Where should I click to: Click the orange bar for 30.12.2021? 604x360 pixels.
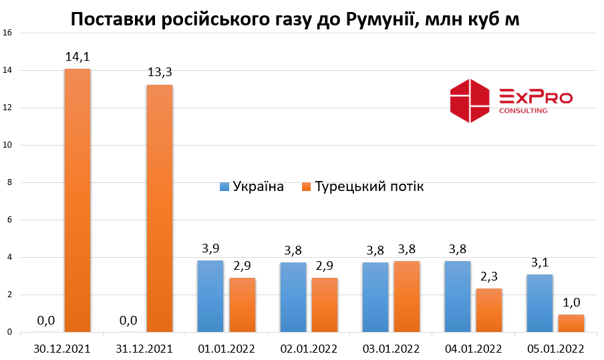coord(78,200)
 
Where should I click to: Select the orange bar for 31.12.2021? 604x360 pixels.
coord(160,208)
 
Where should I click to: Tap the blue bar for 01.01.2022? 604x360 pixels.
coord(210,296)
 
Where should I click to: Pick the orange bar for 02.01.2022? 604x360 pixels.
coord(324,305)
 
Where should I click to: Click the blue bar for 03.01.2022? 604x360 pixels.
coord(375,297)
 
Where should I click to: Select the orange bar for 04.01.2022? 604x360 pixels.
coord(489,310)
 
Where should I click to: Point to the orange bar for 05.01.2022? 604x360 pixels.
coord(571,323)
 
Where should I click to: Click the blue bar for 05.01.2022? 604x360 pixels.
coord(540,303)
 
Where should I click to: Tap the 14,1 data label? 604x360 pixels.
coord(78,57)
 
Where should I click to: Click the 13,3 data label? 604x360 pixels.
coord(160,73)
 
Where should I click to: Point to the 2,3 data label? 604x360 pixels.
coord(490,277)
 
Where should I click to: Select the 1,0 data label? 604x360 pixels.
coord(571,302)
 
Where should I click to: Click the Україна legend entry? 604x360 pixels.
coord(252,186)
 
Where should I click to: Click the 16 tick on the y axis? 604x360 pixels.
coord(7,33)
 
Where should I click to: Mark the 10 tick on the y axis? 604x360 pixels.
coord(7,145)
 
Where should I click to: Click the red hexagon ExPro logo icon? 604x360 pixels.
coord(470,101)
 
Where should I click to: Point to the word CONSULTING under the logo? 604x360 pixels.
coord(523,110)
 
